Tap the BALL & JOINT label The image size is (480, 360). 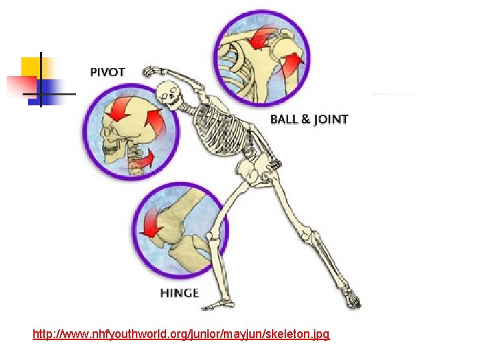coord(309,120)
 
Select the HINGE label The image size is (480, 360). coord(179,293)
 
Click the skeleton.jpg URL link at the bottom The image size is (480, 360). coord(181,333)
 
